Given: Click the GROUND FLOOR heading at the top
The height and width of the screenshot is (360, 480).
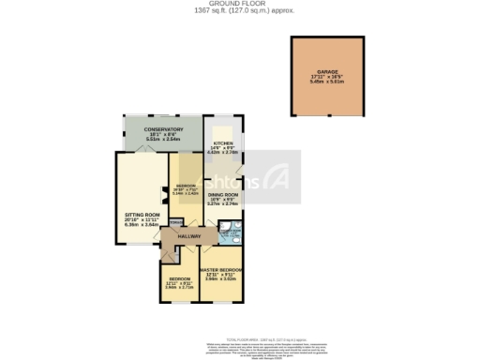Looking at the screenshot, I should (240, 3).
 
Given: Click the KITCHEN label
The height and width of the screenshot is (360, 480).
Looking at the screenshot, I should (222, 143).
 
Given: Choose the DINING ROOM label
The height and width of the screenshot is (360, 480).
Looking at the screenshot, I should (222, 195).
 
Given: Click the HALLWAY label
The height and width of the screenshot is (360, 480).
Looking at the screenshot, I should (190, 237).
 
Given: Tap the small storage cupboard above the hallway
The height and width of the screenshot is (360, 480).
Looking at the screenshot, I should (176, 223).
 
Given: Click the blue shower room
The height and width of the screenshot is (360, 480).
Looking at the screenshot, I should (229, 232).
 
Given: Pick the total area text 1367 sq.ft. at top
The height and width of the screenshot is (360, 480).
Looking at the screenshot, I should (240, 10).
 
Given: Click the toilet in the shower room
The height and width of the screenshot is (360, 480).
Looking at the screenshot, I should (225, 227).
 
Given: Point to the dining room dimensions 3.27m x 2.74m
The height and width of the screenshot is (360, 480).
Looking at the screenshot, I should (222, 204).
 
